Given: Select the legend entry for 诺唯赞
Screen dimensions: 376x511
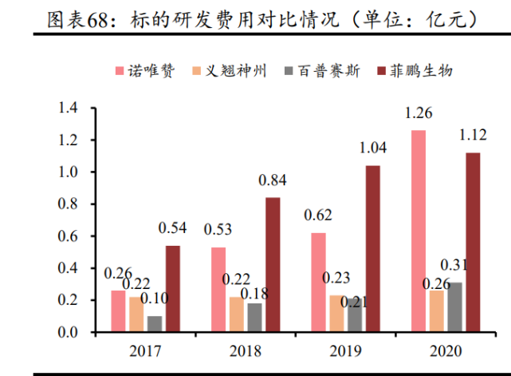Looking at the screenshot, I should pos(148,71).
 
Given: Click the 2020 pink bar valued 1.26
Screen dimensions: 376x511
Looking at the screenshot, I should pos(419,231).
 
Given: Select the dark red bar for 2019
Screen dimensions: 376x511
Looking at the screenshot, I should pos(372,248).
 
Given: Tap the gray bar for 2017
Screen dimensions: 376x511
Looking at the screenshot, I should pos(155,323).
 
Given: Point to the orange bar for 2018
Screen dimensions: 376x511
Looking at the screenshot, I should pos(237,314).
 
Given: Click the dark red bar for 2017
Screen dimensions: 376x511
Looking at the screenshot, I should pos(173,288).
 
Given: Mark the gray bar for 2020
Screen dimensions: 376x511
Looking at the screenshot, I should pos(454,307).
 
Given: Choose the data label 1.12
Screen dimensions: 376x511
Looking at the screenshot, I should pos(472,135).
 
